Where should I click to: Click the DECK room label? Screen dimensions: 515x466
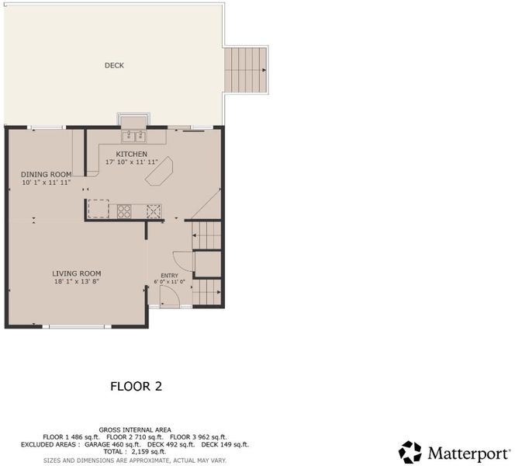coord(114,65)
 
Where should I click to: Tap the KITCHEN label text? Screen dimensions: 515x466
coord(131,154)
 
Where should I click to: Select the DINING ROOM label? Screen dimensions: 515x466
coord(47,174)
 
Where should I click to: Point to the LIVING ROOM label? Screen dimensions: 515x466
coord(77,273)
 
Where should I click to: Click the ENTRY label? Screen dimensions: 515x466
coord(170,276)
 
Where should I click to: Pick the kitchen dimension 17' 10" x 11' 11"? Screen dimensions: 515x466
coord(132,162)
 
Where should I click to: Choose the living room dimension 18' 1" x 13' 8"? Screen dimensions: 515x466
coord(77,281)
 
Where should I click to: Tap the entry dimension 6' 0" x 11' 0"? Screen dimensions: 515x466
coord(170,282)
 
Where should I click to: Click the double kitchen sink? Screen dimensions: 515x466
coord(134,136)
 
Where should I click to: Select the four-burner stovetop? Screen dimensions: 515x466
coord(124,211)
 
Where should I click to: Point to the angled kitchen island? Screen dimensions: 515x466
coord(159,172)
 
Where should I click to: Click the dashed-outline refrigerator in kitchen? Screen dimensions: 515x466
coord(99,208)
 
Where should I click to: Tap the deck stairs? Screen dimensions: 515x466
coord(245,70)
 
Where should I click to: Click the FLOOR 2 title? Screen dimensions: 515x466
coord(136,387)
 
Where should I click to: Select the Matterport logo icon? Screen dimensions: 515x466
coord(410,452)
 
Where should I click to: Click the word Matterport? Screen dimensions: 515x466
coord(468,454)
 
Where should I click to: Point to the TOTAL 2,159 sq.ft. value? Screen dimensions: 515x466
coord(135,452)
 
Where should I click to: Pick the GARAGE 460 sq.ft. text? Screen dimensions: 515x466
coord(112,444)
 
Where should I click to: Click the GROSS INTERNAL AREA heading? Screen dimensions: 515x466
coord(135,429)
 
